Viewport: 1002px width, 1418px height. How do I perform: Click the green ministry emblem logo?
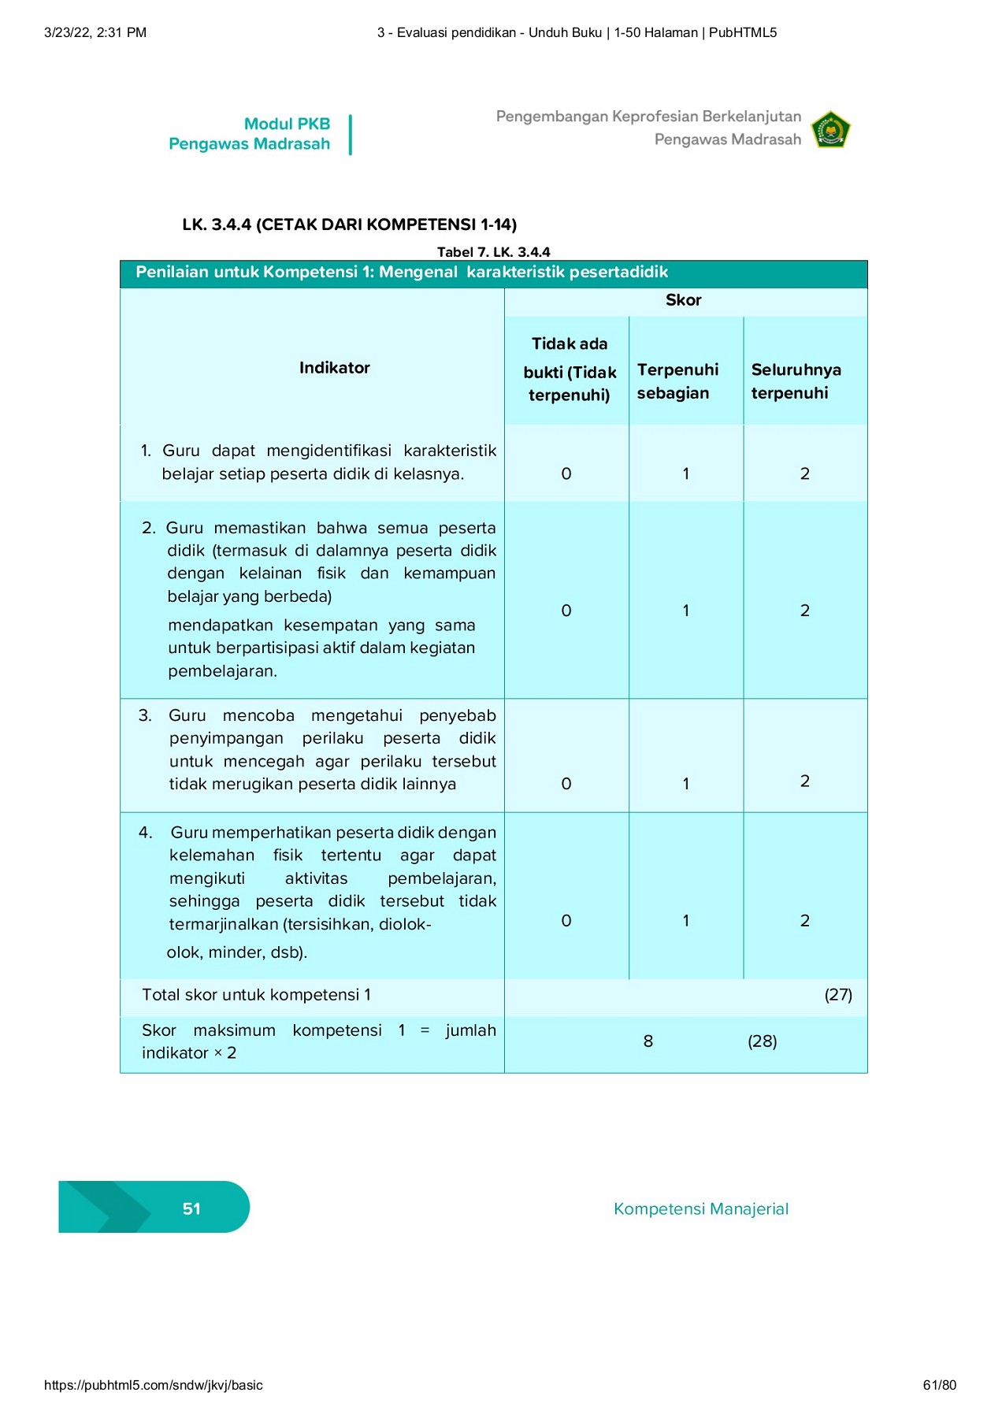[831, 130]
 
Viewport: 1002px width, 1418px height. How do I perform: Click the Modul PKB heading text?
[287, 124]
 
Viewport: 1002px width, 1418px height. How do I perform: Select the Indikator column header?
[334, 368]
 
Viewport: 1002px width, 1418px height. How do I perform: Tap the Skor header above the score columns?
[683, 300]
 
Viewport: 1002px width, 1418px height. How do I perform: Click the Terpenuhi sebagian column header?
[677, 381]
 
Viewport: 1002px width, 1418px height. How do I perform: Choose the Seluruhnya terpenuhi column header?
[796, 381]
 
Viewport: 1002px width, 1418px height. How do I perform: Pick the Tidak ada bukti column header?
[569, 369]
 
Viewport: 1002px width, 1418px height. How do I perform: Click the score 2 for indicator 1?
[804, 473]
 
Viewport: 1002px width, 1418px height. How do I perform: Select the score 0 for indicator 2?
[566, 611]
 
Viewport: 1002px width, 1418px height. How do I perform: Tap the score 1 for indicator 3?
[685, 784]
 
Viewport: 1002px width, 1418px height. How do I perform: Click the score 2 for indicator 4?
[804, 920]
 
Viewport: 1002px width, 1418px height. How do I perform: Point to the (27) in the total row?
[838, 994]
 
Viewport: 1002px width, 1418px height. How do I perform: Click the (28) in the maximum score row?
[762, 1041]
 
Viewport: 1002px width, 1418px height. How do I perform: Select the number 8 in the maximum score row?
[648, 1041]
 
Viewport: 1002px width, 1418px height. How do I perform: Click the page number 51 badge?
[191, 1208]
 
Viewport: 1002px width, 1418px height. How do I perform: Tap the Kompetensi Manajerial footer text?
[700, 1208]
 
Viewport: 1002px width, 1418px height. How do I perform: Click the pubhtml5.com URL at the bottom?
[154, 1385]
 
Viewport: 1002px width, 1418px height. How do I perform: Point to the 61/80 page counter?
[939, 1385]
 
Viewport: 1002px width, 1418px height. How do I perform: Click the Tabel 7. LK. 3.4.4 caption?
[493, 252]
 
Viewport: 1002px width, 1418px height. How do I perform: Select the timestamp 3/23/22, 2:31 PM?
[95, 32]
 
